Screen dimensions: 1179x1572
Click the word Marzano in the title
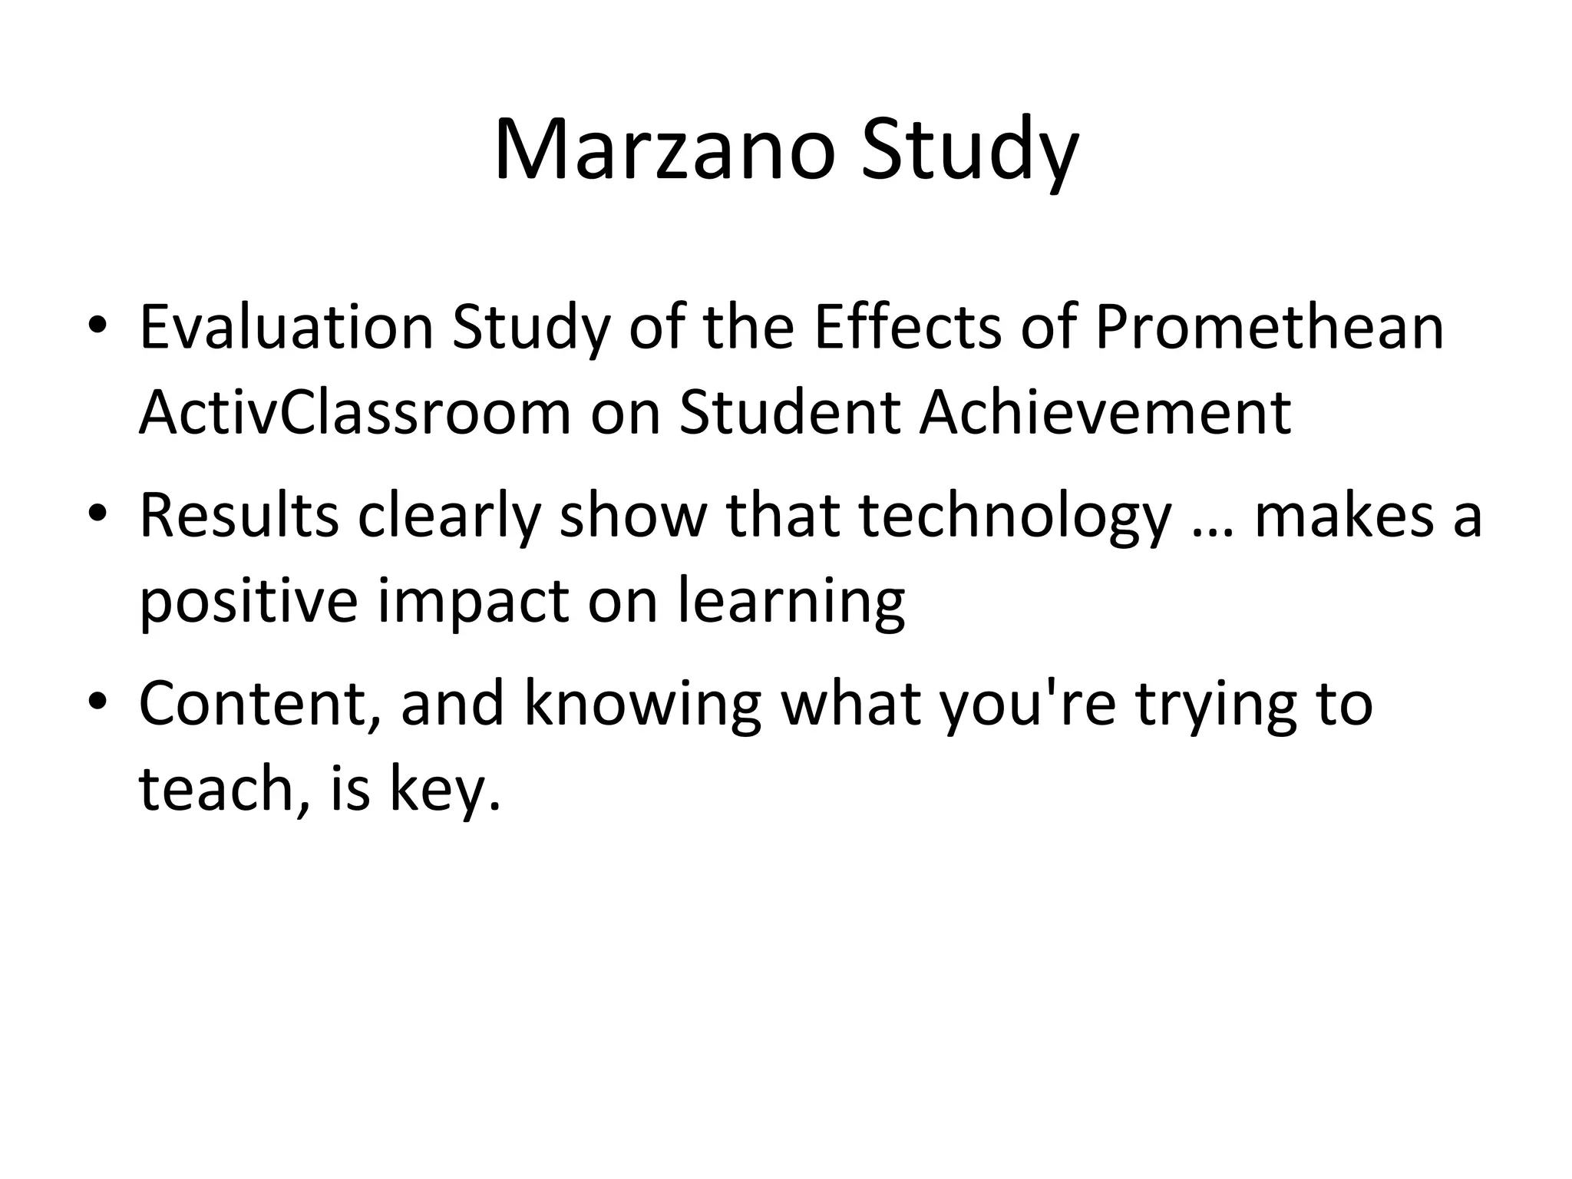[x=664, y=150]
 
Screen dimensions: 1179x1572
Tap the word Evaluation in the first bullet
[x=286, y=327]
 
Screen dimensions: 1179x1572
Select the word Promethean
[x=1269, y=327]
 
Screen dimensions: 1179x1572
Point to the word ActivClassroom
[x=355, y=413]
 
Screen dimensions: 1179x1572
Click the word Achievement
[x=1105, y=413]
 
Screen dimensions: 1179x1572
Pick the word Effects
[x=907, y=327]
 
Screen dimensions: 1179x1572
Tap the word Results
[x=239, y=515]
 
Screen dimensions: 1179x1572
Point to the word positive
[x=248, y=602]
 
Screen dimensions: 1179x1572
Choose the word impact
[x=473, y=602]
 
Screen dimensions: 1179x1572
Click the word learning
[x=791, y=602]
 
